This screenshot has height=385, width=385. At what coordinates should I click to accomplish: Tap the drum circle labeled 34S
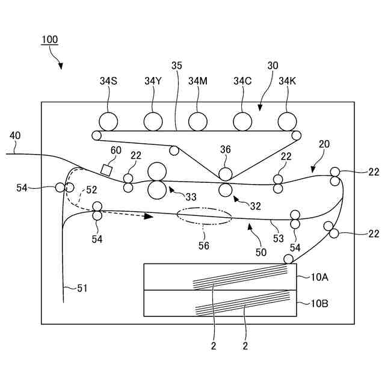(x=109, y=122)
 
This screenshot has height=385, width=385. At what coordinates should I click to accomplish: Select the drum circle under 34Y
(x=153, y=122)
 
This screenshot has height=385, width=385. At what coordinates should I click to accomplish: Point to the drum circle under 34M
(x=197, y=122)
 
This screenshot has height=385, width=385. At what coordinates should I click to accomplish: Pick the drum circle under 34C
(x=242, y=122)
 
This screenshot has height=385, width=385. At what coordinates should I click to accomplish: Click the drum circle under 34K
(x=287, y=122)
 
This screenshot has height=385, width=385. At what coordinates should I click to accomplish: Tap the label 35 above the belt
(x=176, y=66)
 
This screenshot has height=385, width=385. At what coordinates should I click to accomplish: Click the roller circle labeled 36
(x=226, y=174)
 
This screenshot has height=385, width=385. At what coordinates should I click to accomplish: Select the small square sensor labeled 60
(x=106, y=170)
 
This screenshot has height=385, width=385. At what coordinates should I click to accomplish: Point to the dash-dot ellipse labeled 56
(x=204, y=217)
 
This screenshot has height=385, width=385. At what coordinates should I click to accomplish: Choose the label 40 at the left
(x=14, y=136)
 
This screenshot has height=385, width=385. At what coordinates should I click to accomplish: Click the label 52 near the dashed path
(x=91, y=189)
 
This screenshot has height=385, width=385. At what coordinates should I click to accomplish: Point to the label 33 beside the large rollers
(x=191, y=196)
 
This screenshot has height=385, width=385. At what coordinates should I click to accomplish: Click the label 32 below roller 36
(x=255, y=206)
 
